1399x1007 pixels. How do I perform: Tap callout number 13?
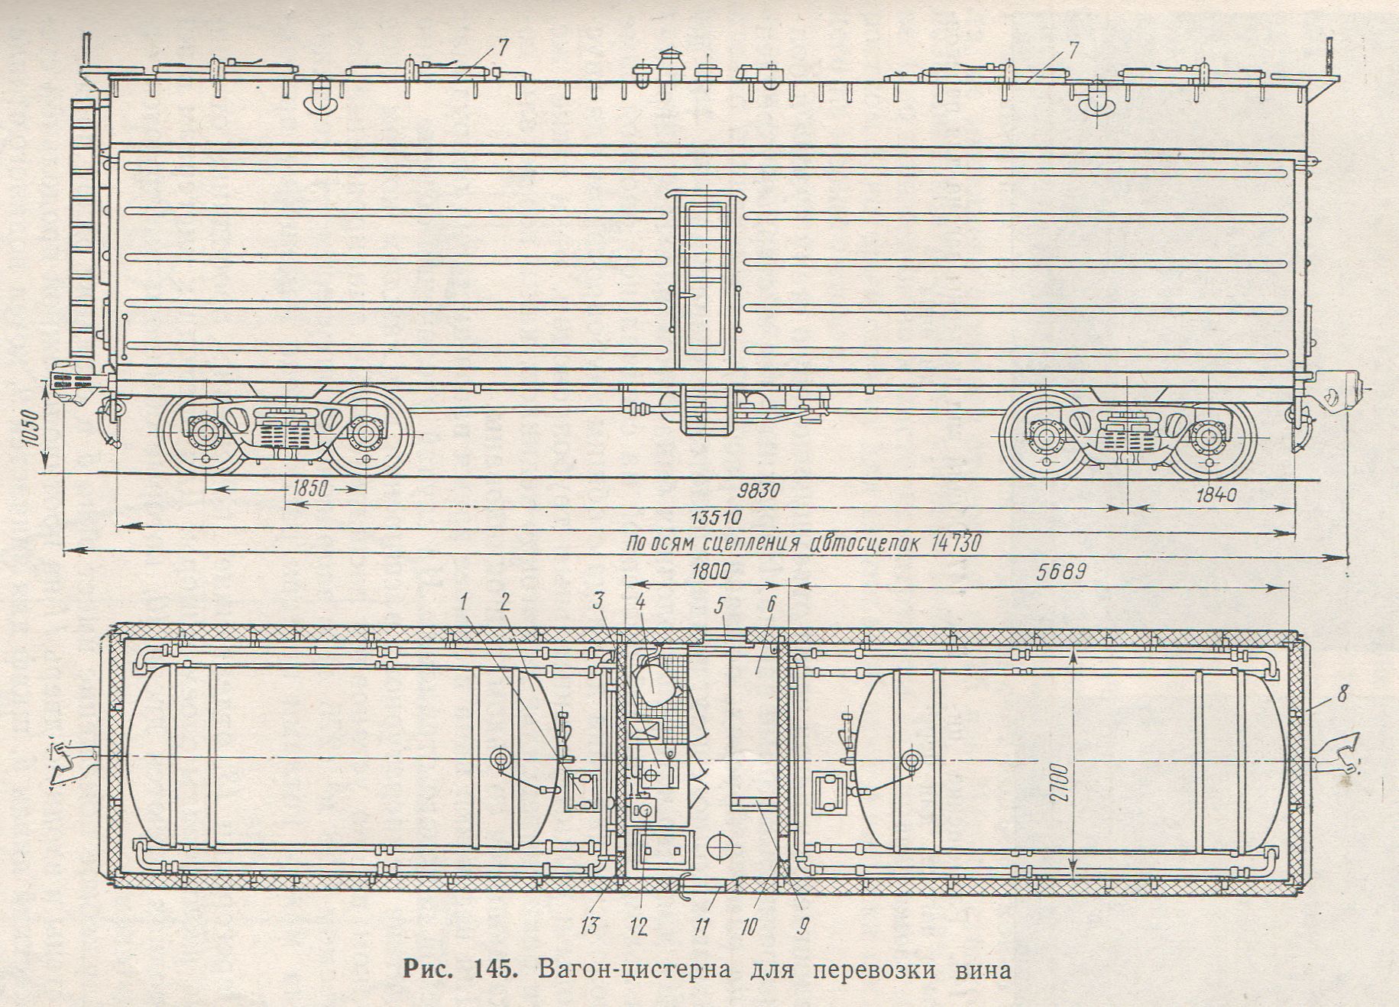click(590, 926)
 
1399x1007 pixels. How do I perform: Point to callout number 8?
click(1343, 696)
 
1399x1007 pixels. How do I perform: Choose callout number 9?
click(802, 927)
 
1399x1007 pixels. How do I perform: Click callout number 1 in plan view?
click(465, 602)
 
